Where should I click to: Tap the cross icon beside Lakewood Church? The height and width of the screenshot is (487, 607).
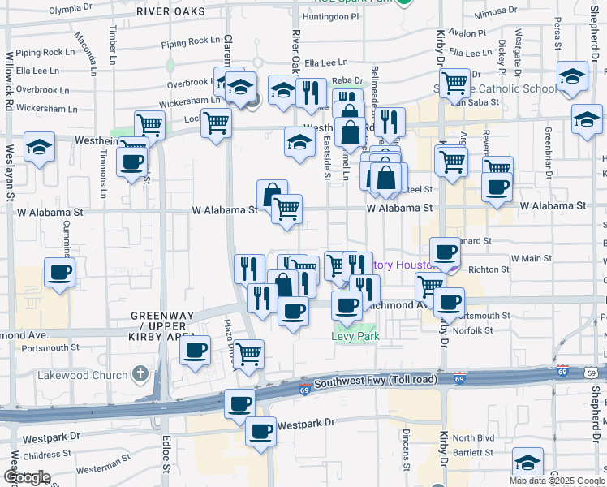coord(140,374)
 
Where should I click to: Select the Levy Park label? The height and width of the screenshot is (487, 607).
coord(355,335)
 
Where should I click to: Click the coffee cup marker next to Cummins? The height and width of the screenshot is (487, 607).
coord(59,273)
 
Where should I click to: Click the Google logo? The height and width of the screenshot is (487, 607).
coord(26,477)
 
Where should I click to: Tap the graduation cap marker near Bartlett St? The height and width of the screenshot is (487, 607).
coord(527,463)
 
